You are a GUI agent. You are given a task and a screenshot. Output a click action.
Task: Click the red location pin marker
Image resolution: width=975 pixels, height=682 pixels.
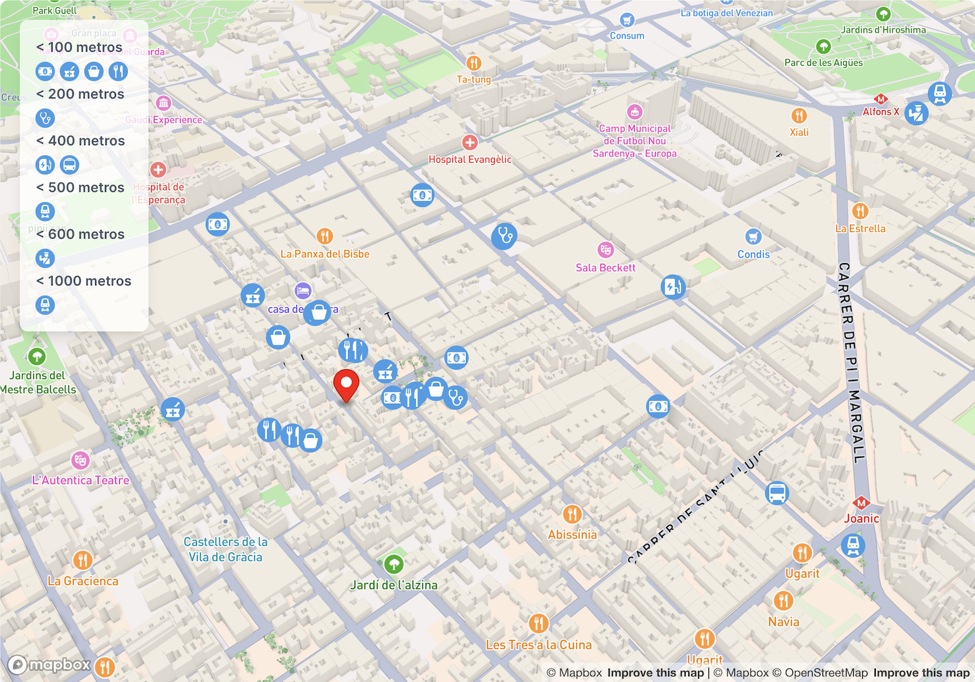pyautogui.click(x=346, y=384)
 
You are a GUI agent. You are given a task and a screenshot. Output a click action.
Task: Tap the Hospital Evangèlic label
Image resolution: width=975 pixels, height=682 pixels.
pyautogui.click(x=470, y=160)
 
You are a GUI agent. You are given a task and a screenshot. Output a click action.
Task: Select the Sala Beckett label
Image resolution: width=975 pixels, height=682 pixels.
pyautogui.click(x=605, y=268)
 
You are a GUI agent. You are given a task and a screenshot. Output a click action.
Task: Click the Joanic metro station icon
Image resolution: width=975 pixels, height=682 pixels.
pyautogui.click(x=861, y=503)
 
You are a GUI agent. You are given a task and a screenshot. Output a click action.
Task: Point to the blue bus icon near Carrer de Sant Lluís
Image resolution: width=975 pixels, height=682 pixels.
pyautogui.click(x=777, y=493)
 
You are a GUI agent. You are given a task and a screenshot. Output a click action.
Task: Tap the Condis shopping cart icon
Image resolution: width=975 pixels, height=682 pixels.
pyautogui.click(x=753, y=236)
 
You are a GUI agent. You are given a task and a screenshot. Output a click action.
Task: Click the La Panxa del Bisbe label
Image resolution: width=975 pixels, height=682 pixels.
pyautogui.click(x=325, y=254)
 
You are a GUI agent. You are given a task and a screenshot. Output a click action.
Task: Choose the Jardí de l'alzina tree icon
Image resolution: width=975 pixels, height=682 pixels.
pyautogui.click(x=394, y=564)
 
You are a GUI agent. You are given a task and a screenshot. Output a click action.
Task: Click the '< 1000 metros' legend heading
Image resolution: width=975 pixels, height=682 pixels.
pyautogui.click(x=84, y=281)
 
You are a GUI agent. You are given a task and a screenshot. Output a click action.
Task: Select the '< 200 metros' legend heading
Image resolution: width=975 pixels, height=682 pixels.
pyautogui.click(x=80, y=94)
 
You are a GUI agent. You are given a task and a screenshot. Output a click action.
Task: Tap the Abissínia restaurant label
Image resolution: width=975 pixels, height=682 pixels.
pyautogui.click(x=572, y=535)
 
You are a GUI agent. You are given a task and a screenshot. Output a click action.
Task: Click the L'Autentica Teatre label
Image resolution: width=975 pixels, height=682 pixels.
pyautogui.click(x=81, y=481)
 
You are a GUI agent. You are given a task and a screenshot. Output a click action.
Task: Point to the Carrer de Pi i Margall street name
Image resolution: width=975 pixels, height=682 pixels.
pyautogui.click(x=852, y=362)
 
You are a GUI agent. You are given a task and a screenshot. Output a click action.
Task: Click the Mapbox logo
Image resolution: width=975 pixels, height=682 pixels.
pyautogui.click(x=50, y=665)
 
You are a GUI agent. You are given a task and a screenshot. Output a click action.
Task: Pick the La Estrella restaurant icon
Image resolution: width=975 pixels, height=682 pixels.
pyautogui.click(x=860, y=210)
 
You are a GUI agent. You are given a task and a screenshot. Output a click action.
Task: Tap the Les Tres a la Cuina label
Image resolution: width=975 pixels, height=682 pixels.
pyautogui.click(x=538, y=645)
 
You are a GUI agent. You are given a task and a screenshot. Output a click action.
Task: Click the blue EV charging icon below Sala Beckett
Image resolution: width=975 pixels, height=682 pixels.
pyautogui.click(x=673, y=287)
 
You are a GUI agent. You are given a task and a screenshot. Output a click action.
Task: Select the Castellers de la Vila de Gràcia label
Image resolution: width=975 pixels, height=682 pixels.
pyautogui.click(x=226, y=549)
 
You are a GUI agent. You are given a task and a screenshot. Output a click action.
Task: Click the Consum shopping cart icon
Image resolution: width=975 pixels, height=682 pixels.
pyautogui.click(x=627, y=20)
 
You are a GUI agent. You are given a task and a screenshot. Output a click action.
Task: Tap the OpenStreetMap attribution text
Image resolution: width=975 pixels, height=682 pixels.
pyautogui.click(x=826, y=673)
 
